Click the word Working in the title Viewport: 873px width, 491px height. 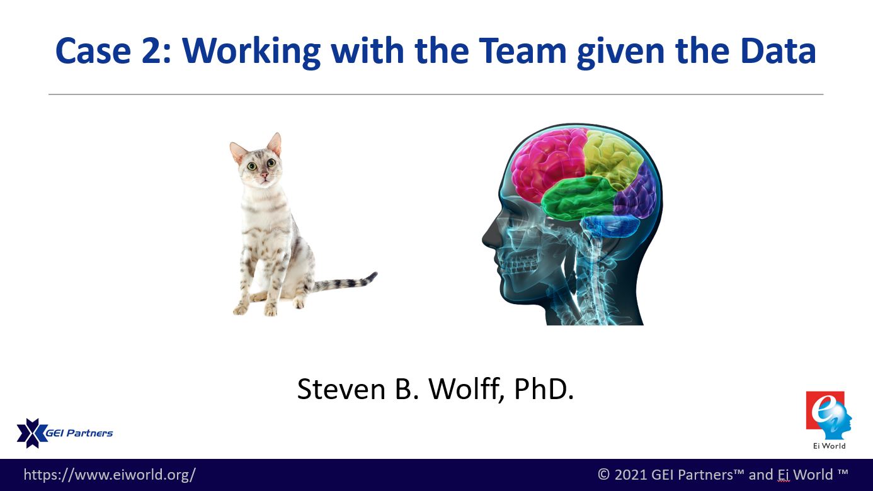(x=251, y=52)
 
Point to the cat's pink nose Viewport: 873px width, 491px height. (x=265, y=174)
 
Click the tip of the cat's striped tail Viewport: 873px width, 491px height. (x=375, y=274)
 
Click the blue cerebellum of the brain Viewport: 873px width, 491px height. (x=610, y=225)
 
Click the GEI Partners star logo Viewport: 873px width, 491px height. (x=32, y=433)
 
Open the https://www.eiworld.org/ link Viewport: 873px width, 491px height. (x=110, y=475)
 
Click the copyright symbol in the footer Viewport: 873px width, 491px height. (x=603, y=475)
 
